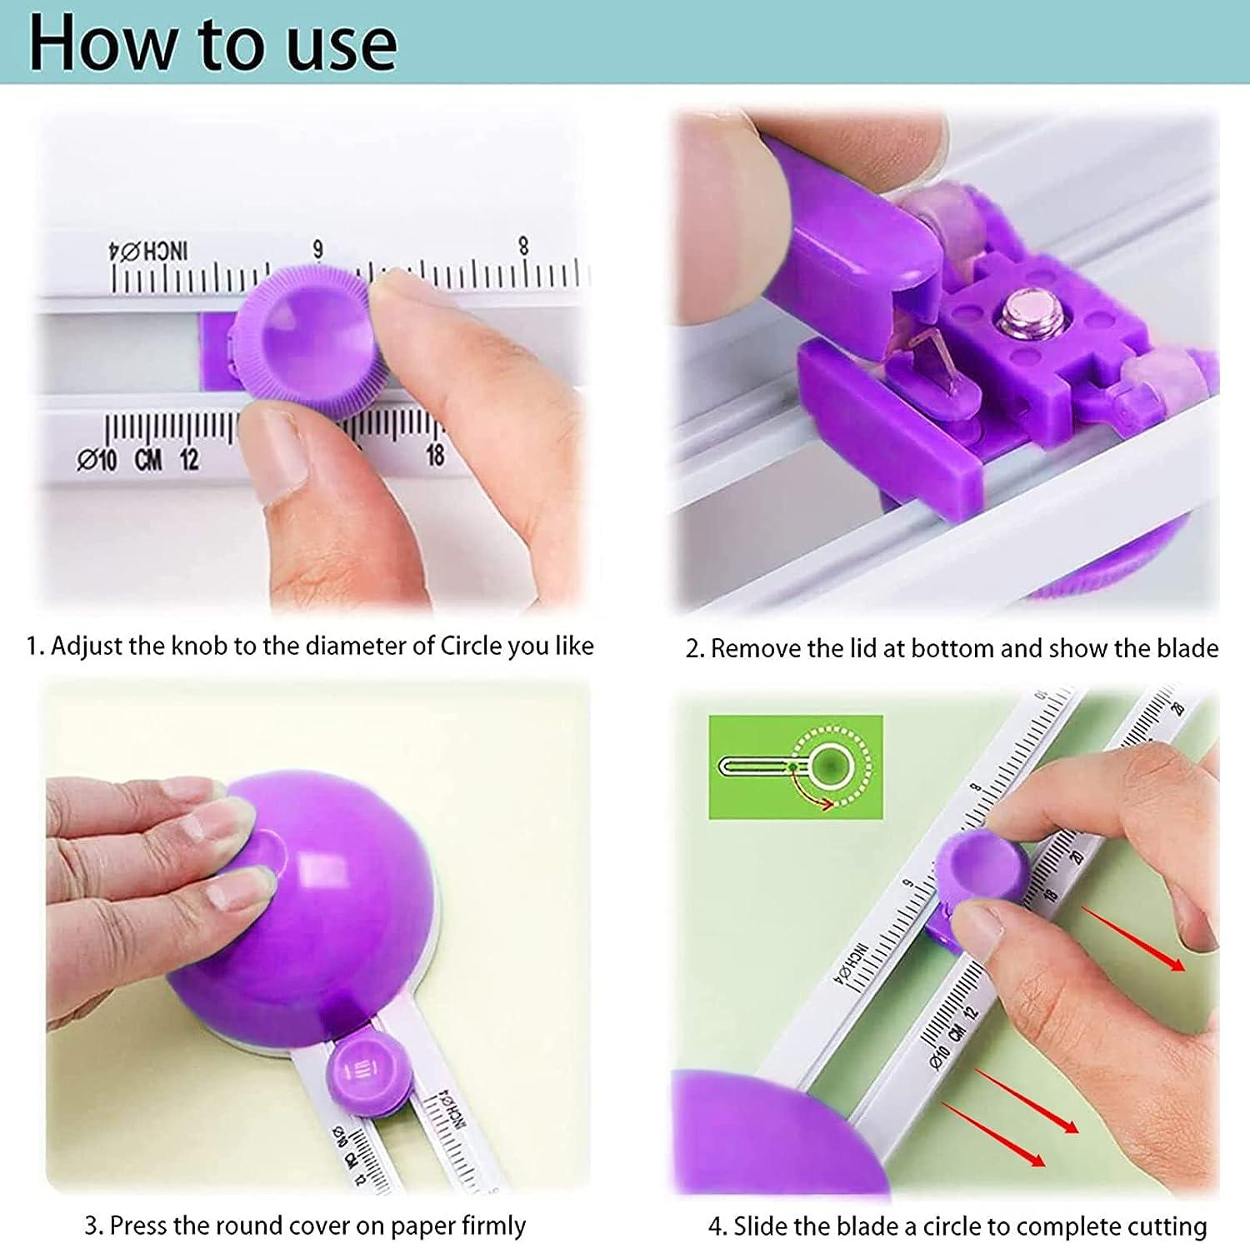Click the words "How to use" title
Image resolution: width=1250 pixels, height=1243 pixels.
(x=212, y=43)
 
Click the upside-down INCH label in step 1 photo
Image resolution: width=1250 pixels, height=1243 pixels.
(x=150, y=251)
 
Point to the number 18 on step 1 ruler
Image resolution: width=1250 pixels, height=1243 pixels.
(x=435, y=455)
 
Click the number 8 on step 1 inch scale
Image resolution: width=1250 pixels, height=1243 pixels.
(x=523, y=246)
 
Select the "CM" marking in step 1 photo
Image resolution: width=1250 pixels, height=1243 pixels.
(x=147, y=458)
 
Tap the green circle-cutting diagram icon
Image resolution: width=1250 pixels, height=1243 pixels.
(x=795, y=766)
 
